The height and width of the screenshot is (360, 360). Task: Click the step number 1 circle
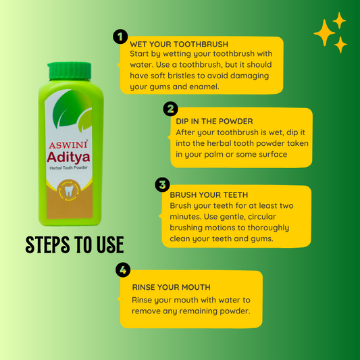tap(120, 36)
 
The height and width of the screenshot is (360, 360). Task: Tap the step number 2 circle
tap(170, 109)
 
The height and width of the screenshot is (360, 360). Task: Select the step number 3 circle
tap(162, 184)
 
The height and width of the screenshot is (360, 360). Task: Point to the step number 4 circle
tap(123, 269)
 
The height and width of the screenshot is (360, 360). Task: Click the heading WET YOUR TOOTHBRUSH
tap(179, 44)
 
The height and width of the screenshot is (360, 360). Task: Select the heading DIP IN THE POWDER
tap(214, 121)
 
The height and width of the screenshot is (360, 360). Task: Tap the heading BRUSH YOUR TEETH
tap(209, 195)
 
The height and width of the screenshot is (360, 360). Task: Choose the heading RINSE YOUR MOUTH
tap(172, 287)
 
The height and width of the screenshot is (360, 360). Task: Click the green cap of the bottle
tap(70, 70)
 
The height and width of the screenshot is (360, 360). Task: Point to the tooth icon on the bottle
tap(69, 191)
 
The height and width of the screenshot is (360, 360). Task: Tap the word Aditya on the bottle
tap(68, 157)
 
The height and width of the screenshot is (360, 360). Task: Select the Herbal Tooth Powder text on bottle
tap(68, 168)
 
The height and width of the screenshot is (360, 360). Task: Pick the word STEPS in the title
tap(47, 245)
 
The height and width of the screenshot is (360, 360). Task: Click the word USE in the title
tap(110, 245)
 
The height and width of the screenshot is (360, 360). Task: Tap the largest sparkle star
tap(324, 33)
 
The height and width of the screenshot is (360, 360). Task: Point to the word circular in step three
tap(262, 217)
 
